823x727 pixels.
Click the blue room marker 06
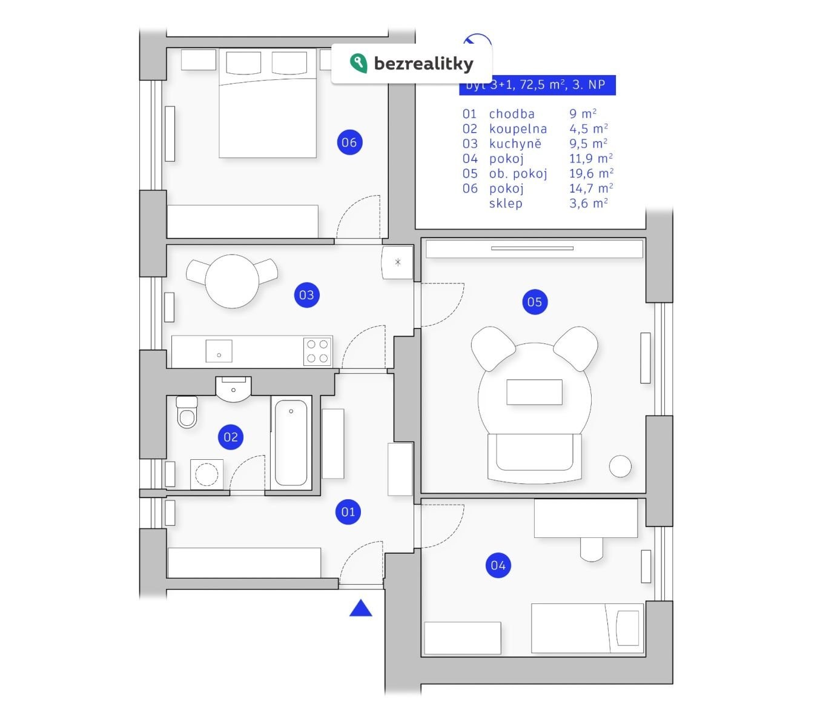pos(349,142)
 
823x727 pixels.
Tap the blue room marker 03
pos(306,295)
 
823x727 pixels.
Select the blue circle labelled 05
pos(534,302)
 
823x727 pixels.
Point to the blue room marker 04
pos(498,565)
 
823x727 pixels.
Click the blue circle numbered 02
pos(231,437)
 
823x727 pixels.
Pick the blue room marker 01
pos(348,512)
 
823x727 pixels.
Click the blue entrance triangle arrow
pos(361,608)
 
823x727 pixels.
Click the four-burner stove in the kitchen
pos(317,351)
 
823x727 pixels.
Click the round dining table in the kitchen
pos(232,281)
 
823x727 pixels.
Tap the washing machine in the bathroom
pos(207,474)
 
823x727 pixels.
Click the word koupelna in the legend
pos(518,128)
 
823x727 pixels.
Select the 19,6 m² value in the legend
pos(590,173)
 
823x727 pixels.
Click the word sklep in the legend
pos(506,203)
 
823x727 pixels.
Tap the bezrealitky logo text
pos(423,63)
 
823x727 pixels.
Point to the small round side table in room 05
pos(620,466)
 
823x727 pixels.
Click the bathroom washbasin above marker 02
pos(233,390)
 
